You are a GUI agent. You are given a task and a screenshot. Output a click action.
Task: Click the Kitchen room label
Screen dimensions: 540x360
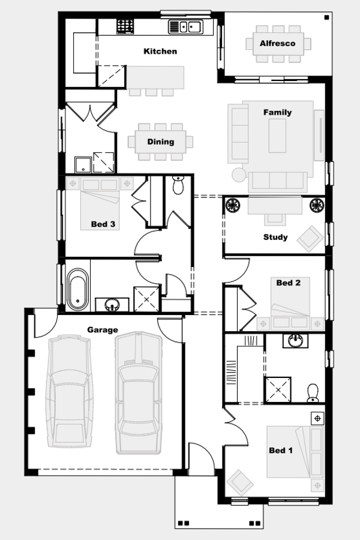[x=160, y=52]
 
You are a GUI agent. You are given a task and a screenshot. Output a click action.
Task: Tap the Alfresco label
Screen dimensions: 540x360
[x=277, y=43]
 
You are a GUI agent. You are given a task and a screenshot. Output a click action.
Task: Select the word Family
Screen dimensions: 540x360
[x=277, y=112]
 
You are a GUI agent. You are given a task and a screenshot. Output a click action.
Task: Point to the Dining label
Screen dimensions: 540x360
[x=161, y=142]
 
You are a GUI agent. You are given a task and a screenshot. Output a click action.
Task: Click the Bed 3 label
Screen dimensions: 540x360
[x=103, y=224]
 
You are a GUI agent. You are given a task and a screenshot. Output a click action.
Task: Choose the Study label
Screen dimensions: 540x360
[x=275, y=237]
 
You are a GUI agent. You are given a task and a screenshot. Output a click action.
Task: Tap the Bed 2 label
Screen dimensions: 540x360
[x=288, y=283]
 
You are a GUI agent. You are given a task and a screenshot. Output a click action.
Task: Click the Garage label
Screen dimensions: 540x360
[x=103, y=329]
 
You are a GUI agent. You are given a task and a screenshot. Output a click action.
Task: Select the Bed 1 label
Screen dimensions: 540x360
[x=281, y=451]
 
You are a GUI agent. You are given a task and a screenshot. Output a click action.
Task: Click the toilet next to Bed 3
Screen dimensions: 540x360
[x=178, y=186]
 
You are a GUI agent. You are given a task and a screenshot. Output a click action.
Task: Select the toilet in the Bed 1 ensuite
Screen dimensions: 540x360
[x=312, y=392]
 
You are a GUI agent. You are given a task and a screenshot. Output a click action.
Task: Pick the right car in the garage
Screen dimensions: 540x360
[x=138, y=393]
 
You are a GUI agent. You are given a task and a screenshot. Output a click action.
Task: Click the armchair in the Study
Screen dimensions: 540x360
[x=311, y=236]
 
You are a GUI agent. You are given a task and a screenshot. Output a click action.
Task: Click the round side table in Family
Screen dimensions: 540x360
[x=238, y=175]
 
